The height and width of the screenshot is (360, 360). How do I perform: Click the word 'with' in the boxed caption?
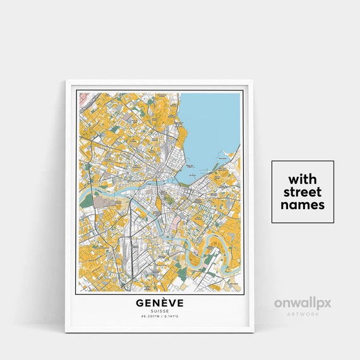tap(303, 178)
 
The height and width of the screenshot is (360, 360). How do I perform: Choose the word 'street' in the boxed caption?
tap(303, 191)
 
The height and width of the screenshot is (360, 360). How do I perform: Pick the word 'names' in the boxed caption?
tap(303, 205)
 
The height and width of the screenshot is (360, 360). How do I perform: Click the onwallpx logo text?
tap(303, 304)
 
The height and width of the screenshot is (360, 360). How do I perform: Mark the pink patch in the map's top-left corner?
tap(79, 96)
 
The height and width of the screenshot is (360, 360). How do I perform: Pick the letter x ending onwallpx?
tap(327, 304)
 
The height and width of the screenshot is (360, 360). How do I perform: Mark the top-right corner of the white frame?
tap(252, 81)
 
